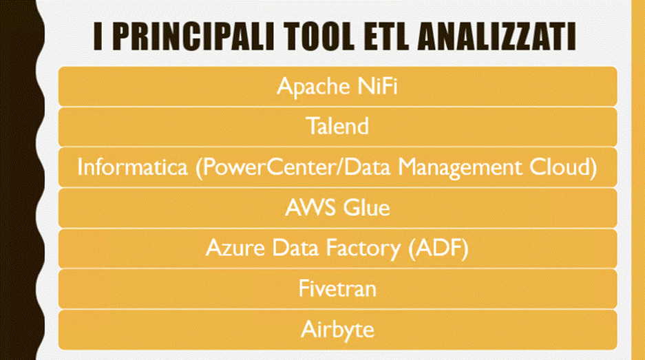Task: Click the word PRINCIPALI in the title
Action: click(193, 36)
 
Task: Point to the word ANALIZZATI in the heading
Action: click(497, 36)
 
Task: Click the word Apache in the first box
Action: click(314, 87)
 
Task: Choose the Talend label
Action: click(337, 126)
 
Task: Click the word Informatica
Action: click(132, 167)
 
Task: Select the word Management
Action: click(460, 168)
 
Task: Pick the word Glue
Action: click(366, 207)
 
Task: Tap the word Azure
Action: click(235, 248)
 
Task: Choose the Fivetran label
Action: click(337, 288)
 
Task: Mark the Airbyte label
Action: click(337, 330)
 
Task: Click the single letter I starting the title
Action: click(98, 36)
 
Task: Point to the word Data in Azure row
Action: click(295, 248)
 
